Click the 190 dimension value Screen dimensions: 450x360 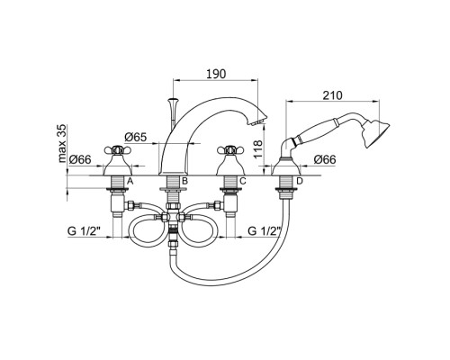pos(216,74)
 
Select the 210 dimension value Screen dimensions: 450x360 pos(332,95)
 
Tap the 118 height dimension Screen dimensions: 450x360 pos(258,149)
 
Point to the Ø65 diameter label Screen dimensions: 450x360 pos(136,137)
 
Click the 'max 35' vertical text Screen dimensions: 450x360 pos(62,143)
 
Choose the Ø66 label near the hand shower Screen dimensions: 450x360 pos(325,159)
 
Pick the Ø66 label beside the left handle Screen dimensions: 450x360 pos(80,159)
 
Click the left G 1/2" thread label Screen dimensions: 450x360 pos(84,231)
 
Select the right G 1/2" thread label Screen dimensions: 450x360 pos(265,231)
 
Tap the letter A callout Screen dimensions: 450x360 pos(130,181)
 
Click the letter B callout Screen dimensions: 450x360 pos(184,181)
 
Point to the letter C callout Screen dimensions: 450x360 pos(243,181)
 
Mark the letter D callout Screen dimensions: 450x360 pos(300,181)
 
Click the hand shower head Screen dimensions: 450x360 pos(375,134)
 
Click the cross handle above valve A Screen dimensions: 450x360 pos(118,149)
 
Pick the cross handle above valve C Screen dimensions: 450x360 pos(230,149)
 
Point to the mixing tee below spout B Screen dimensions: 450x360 pos(173,217)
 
